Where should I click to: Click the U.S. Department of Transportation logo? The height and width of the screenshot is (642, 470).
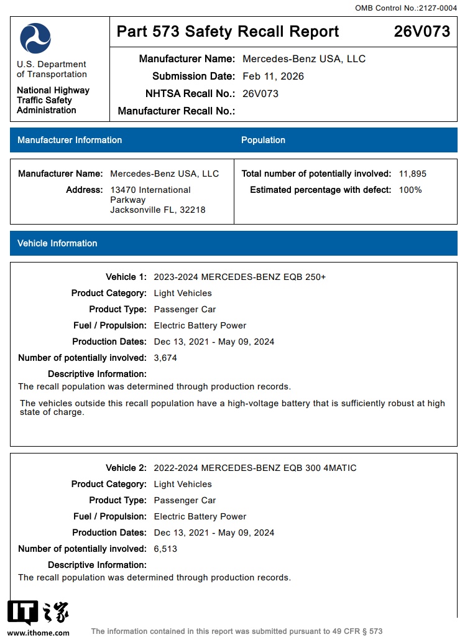point(35,38)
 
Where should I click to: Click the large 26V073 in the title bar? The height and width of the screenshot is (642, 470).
point(422,32)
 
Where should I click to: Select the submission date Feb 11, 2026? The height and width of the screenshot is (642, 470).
point(273,77)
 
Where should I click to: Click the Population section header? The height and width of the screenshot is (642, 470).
point(263,140)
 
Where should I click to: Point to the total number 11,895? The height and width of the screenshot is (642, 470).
point(413,174)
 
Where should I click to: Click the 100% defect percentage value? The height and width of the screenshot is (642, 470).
point(410,190)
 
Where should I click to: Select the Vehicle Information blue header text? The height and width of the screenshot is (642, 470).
point(57,243)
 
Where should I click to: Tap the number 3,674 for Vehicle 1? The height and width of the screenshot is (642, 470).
point(165,358)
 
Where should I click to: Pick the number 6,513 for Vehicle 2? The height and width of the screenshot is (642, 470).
point(165,549)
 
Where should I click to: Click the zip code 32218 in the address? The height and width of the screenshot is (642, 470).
point(193,210)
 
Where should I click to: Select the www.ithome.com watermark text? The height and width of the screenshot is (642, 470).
point(39,633)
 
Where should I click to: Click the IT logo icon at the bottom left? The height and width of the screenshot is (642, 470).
point(23,613)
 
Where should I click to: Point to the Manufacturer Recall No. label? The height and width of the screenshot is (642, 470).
point(176,111)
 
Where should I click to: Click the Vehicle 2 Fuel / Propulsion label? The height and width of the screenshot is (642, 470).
point(110,516)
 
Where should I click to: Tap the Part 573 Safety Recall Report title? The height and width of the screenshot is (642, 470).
point(228,32)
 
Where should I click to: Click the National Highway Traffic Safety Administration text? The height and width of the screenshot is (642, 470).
point(53,100)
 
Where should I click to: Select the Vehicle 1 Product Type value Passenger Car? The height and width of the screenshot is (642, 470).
point(185,309)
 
